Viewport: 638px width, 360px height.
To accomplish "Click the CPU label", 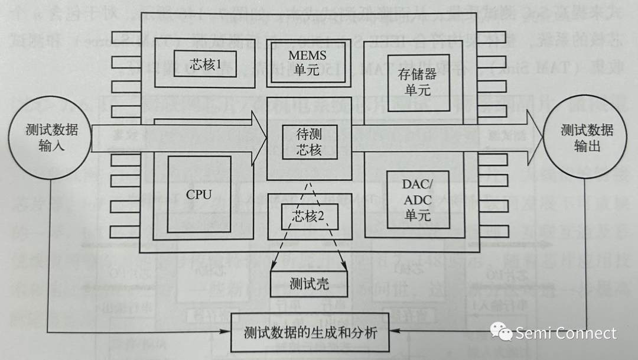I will pos(198,194).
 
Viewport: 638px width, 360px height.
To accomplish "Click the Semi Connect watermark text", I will pos(565,333).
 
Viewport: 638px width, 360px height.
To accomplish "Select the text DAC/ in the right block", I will pos(418,184).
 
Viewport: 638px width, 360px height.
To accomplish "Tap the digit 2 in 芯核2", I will pos(321,216).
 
